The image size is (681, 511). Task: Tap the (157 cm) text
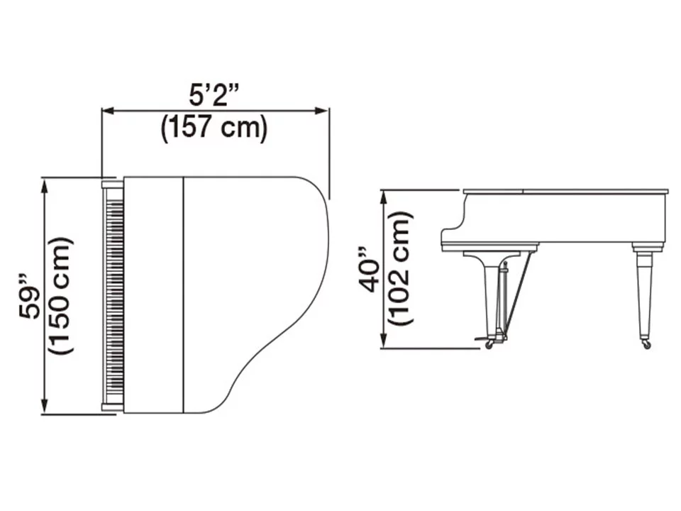click(214, 128)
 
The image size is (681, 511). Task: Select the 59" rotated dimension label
click(29, 297)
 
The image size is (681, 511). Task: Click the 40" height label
click(369, 270)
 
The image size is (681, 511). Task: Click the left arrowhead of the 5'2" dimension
click(107, 111)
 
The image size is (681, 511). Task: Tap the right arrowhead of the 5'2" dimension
click(322, 111)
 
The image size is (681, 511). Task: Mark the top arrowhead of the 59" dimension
click(44, 186)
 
